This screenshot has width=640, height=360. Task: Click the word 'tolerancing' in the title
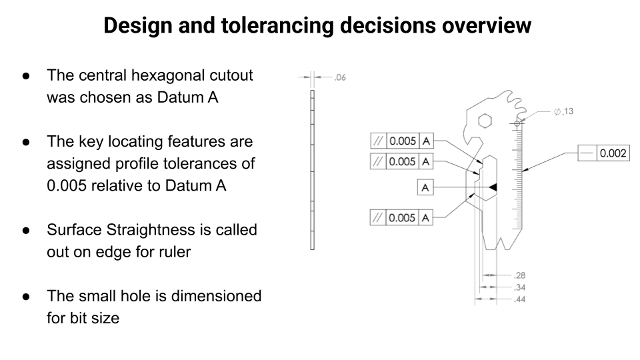[277, 26]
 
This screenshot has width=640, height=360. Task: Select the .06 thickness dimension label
[340, 77]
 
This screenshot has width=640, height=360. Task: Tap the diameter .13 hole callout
[564, 111]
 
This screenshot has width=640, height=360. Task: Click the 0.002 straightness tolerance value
[613, 153]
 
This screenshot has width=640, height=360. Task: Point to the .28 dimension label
[519, 275]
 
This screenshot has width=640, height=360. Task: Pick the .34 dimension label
[519, 287]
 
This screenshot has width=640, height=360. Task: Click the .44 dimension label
[519, 299]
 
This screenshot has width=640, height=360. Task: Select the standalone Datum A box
[425, 187]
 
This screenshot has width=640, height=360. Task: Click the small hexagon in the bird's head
[485, 121]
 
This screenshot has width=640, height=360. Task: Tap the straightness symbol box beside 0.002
[587, 153]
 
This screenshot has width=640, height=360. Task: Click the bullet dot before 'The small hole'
[27, 296]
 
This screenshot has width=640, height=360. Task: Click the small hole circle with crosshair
[517, 123]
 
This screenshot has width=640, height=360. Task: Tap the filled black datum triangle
[493, 187]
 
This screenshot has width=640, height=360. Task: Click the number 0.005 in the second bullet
[67, 186]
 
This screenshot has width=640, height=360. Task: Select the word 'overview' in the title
[487, 26]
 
